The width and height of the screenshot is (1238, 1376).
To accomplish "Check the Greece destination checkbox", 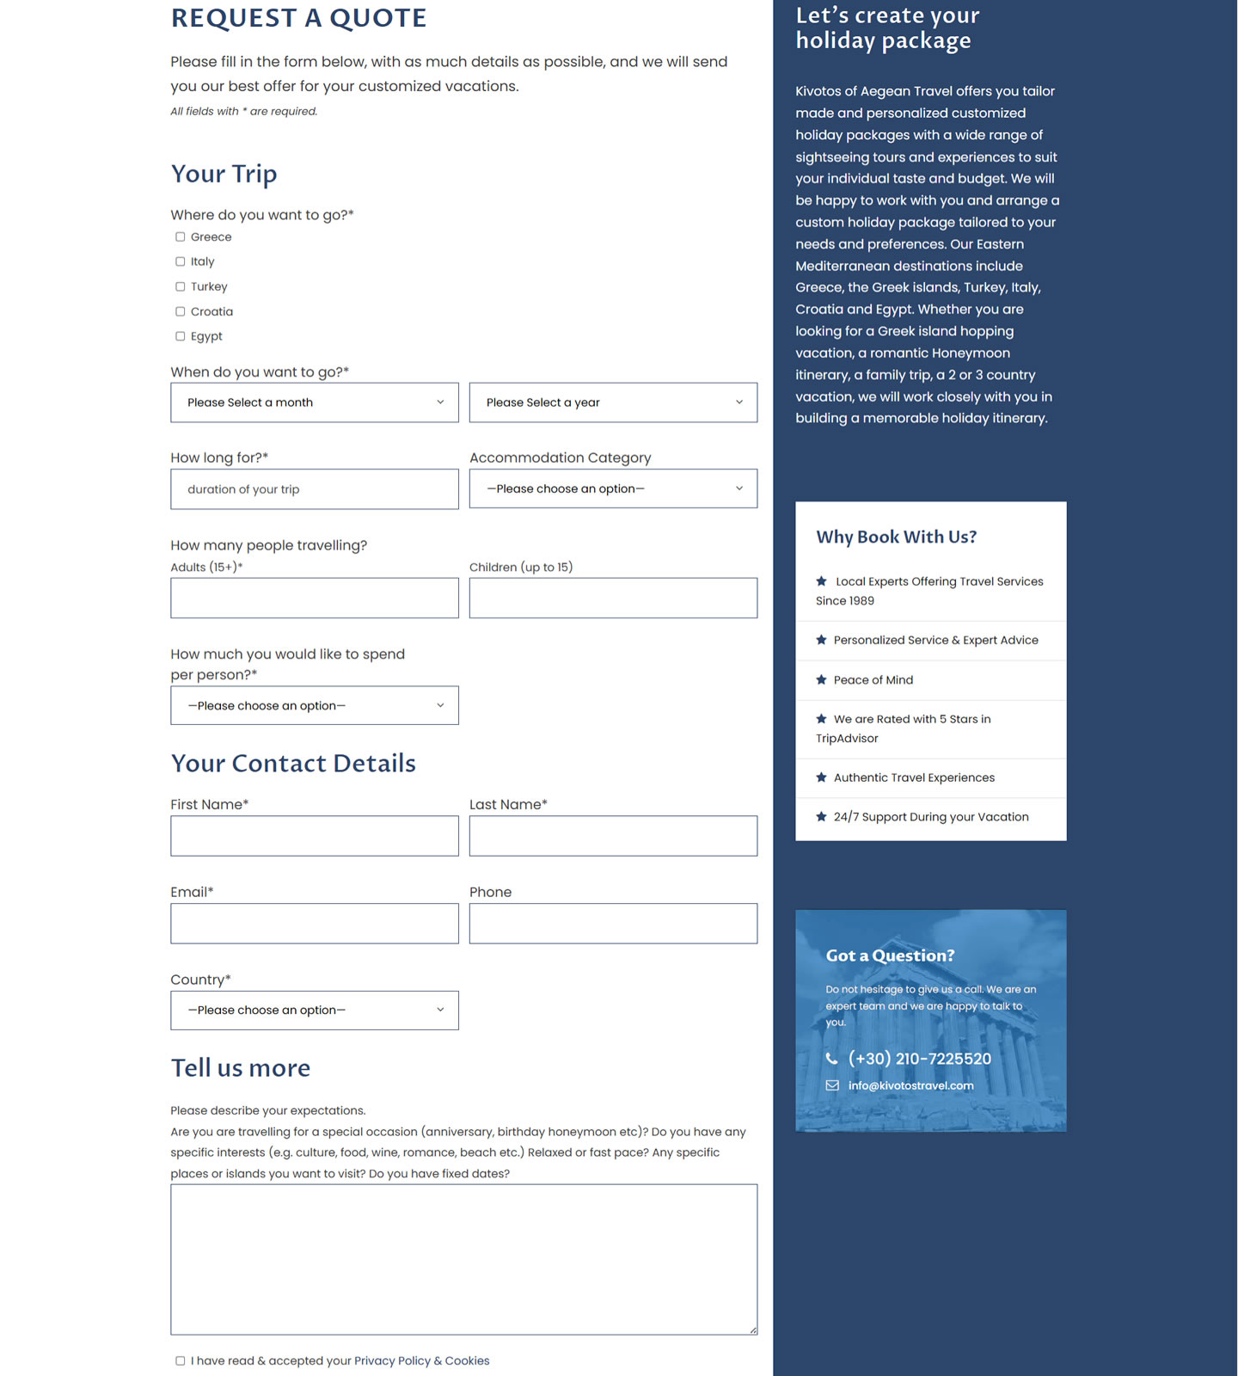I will pyautogui.click(x=181, y=237).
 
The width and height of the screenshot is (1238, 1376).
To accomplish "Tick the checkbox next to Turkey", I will pyautogui.click(x=181, y=287).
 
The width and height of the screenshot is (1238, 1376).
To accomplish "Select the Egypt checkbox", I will pyautogui.click(x=181, y=336).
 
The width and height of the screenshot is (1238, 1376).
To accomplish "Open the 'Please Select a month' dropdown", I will pyautogui.click(x=314, y=402).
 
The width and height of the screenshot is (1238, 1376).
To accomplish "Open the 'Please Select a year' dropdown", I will pyautogui.click(x=613, y=402).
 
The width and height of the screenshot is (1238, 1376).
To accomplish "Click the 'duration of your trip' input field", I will pyautogui.click(x=314, y=489).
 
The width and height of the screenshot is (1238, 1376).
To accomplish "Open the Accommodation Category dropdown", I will pyautogui.click(x=613, y=488).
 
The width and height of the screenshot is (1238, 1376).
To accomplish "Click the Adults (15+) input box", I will pyautogui.click(x=314, y=598).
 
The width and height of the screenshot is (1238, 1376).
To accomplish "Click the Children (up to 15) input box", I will pyautogui.click(x=613, y=598).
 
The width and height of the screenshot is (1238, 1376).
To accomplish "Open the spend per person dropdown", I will pyautogui.click(x=314, y=705).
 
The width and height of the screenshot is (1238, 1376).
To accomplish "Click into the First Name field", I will pyautogui.click(x=314, y=836).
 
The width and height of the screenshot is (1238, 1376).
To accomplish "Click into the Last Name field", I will pyautogui.click(x=613, y=836).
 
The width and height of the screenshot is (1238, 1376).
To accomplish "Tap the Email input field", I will pyautogui.click(x=314, y=924).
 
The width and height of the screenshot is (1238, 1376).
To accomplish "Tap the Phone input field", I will pyautogui.click(x=613, y=924).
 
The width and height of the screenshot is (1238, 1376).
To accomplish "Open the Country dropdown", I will pyautogui.click(x=314, y=1010).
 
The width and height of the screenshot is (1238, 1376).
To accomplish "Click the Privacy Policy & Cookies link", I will pyautogui.click(x=421, y=1361).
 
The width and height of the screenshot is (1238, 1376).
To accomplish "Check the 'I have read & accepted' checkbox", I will pyautogui.click(x=181, y=1361).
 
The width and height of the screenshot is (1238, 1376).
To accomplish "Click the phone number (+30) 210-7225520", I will pyautogui.click(x=919, y=1059).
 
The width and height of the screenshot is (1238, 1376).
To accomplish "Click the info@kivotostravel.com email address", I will pyautogui.click(x=910, y=1085).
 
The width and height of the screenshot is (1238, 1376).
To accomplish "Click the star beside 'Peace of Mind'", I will pyautogui.click(x=821, y=680).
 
